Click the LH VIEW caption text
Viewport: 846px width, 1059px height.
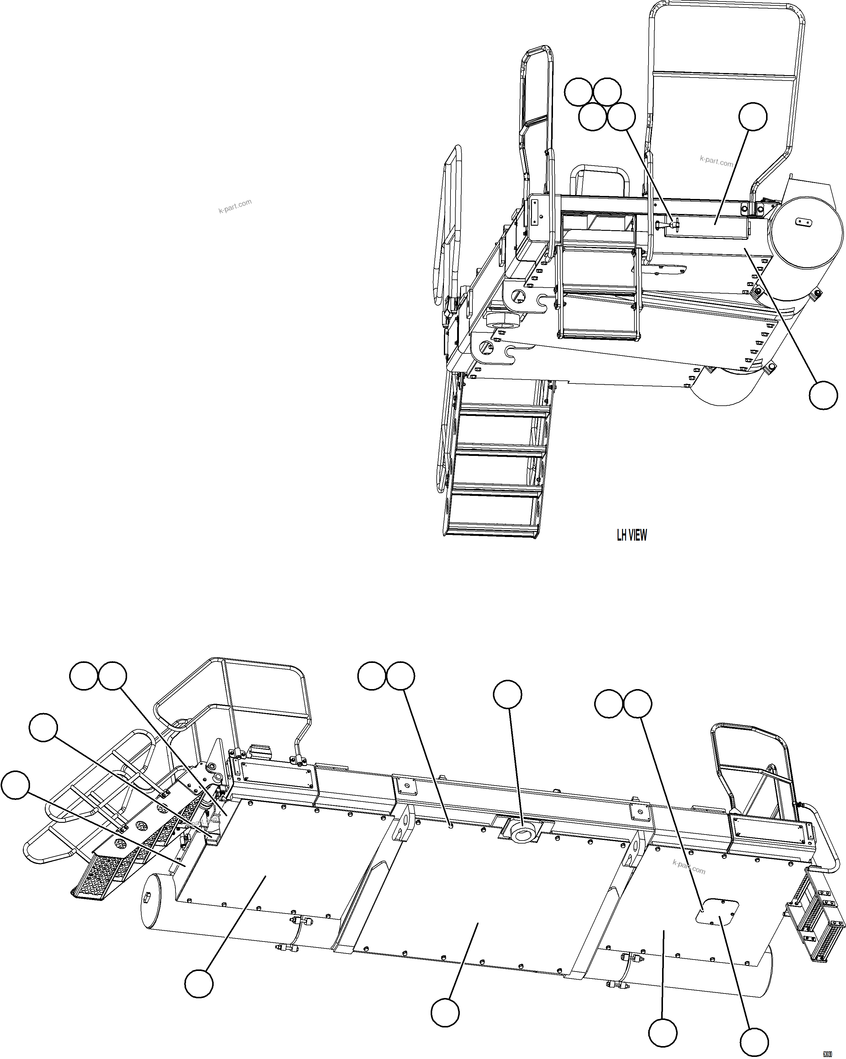tap(631, 536)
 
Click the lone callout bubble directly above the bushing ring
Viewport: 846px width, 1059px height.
tap(508, 694)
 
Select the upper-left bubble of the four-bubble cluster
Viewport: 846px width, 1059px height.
tap(578, 92)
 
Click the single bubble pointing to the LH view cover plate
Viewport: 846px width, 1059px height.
tap(753, 116)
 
